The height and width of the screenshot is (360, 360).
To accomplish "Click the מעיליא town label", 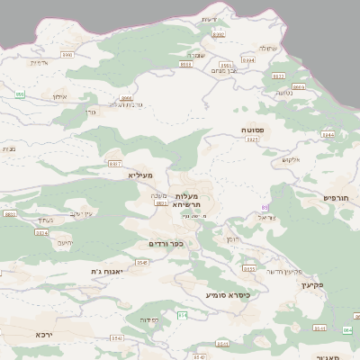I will [141, 175].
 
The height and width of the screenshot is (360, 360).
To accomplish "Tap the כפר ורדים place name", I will [166, 243].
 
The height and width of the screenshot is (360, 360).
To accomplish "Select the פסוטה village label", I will [253, 130].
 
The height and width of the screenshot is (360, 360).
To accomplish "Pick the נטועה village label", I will [283, 93].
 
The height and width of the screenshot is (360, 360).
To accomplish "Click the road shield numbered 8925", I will [253, 140].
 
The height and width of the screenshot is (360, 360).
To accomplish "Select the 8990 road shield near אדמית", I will [67, 54].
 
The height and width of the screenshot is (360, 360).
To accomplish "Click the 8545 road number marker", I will [142, 262].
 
